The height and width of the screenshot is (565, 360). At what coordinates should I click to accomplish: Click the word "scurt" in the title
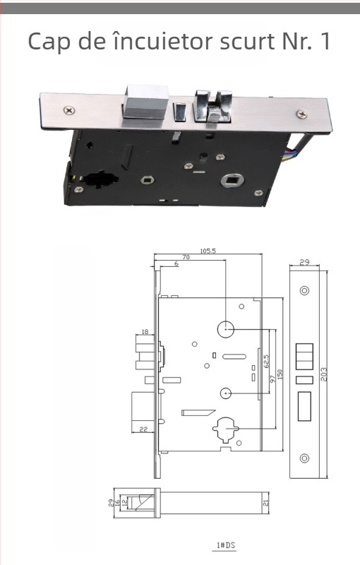click(x=248, y=41)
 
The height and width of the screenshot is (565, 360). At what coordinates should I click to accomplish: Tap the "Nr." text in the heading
click(x=297, y=41)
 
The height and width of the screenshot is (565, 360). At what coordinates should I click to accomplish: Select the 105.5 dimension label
click(x=208, y=251)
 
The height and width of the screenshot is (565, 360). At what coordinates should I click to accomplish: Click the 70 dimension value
click(x=186, y=257)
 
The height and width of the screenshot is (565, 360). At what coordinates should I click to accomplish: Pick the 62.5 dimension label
click(x=266, y=361)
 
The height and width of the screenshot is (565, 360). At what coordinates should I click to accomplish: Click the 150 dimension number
click(x=280, y=374)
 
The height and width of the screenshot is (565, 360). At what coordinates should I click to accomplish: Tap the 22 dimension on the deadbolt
click(x=143, y=429)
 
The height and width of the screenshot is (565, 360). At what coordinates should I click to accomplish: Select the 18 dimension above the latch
click(x=145, y=331)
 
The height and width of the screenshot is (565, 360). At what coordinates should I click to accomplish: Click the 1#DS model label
click(x=226, y=545)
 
